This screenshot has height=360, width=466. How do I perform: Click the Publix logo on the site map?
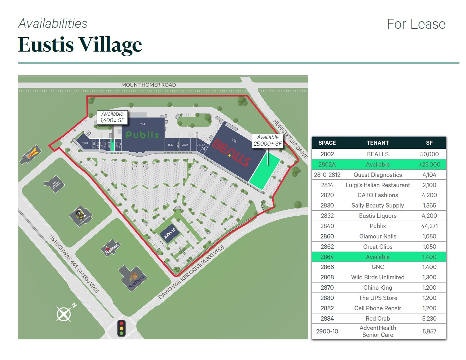point(143,135)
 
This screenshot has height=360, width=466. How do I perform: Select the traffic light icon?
point(121,328)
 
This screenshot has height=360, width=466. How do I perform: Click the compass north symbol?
point(64,313)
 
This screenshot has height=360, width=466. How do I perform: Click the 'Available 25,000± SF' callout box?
point(268,140)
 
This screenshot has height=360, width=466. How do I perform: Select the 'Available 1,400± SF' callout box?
point(112,117)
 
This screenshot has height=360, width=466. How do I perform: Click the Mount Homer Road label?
point(148,85)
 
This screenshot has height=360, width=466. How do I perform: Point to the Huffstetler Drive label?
point(290,139)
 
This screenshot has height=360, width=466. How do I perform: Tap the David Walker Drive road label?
point(191,272)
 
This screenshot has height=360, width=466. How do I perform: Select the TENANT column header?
point(378,143)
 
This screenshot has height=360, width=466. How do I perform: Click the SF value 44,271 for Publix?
point(429,226)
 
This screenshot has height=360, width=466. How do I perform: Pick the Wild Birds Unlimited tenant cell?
point(378,277)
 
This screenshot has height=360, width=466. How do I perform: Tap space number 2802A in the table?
point(327,164)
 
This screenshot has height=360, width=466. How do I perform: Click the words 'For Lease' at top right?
point(416,24)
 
